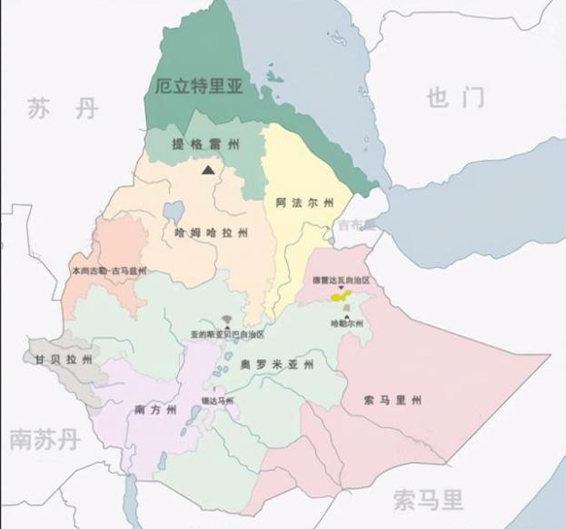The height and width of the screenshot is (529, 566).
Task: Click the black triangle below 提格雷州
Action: (209, 169)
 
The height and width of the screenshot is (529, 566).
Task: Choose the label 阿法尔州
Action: (305, 202)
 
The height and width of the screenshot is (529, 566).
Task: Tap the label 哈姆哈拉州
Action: (211, 233)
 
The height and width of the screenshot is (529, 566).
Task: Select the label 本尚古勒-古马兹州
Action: (108, 270)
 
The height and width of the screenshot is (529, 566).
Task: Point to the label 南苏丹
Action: (44, 440)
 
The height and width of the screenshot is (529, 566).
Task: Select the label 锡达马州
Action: (217, 400)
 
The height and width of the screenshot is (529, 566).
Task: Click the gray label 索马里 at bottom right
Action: (428, 498)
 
